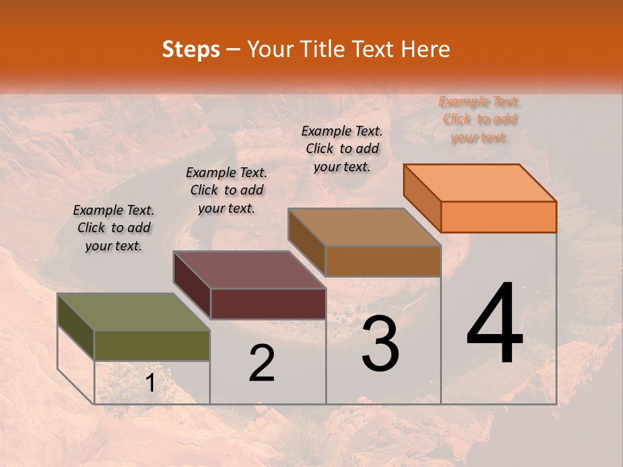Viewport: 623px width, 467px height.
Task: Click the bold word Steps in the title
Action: [x=191, y=49]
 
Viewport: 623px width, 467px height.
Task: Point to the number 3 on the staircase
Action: [x=380, y=344]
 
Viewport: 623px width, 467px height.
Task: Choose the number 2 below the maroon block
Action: [x=262, y=363]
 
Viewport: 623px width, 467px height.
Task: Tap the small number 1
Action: [x=150, y=383]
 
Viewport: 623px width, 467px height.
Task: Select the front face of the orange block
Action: [x=498, y=217]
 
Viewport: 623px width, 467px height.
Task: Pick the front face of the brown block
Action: [x=383, y=261]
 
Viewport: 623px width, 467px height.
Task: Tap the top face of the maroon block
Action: [x=249, y=270]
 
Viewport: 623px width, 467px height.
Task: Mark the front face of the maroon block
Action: [x=268, y=304]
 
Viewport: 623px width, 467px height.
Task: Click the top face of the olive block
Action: [x=134, y=312]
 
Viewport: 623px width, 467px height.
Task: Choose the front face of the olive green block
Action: [x=152, y=346]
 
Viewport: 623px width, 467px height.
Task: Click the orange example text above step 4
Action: [x=480, y=119]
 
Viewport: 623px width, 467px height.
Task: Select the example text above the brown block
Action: [x=342, y=149]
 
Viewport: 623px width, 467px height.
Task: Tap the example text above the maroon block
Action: [x=226, y=190]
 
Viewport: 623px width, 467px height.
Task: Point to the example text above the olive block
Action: [x=114, y=228]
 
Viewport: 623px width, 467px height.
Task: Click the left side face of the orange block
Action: [x=422, y=198]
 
